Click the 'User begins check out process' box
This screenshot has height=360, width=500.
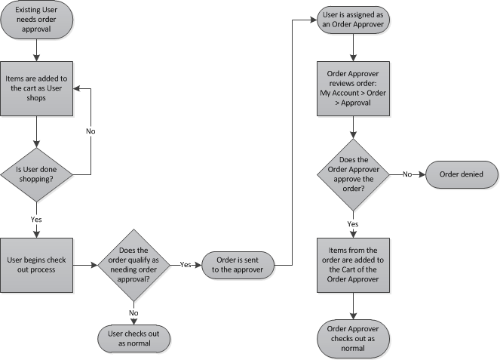[x=36, y=264]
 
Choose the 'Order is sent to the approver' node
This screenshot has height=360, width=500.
[x=238, y=264]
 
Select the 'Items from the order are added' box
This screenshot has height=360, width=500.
[x=353, y=264]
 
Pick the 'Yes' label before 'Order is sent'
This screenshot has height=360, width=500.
[x=186, y=264]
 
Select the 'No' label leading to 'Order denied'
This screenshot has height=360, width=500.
[x=407, y=175]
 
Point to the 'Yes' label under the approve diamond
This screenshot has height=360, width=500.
[x=353, y=224]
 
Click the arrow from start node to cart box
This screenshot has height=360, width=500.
[x=36, y=50]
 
